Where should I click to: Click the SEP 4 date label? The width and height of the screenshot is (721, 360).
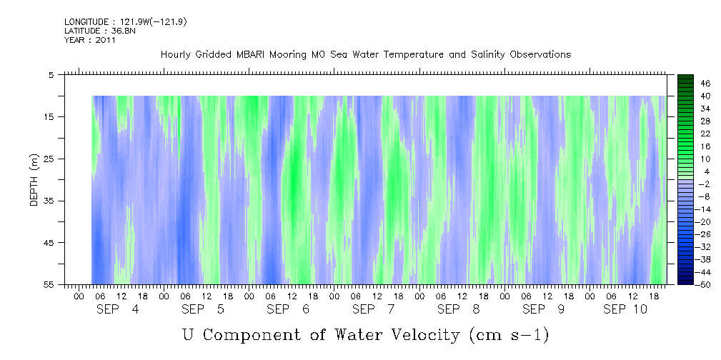coord(119,309)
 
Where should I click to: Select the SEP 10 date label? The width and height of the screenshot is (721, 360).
coord(625,309)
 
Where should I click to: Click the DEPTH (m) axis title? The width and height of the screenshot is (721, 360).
coord(34,179)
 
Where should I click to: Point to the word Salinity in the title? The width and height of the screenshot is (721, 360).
coord(468,55)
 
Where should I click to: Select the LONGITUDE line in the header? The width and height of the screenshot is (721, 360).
coord(126,22)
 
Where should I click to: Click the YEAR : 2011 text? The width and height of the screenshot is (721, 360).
coord(90,41)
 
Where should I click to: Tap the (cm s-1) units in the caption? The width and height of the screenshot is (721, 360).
coord(508,334)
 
